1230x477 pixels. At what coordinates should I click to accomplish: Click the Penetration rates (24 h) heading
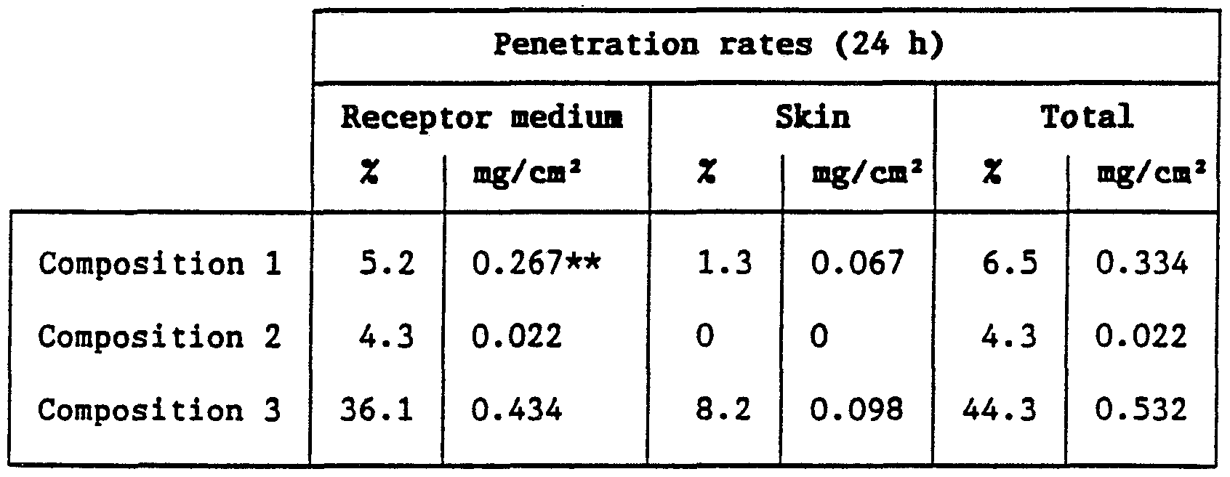click(x=718, y=46)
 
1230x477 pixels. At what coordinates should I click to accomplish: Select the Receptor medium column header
click(x=481, y=117)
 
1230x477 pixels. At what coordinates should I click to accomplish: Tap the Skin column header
click(x=812, y=117)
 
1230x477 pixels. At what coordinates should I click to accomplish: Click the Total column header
click(x=1087, y=117)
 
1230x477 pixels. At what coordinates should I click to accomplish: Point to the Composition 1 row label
click(x=160, y=264)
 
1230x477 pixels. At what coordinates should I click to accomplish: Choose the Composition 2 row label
click(x=160, y=337)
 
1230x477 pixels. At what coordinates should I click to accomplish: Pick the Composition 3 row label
click(x=160, y=411)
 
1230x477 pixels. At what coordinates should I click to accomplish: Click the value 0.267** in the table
click(x=536, y=264)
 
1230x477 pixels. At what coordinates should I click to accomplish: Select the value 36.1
click(x=377, y=411)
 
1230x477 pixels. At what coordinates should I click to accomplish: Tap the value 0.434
click(x=516, y=411)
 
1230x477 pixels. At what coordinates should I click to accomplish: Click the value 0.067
click(x=857, y=264)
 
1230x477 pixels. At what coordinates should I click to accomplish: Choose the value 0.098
click(x=857, y=411)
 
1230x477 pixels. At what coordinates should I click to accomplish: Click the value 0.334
click(x=1141, y=264)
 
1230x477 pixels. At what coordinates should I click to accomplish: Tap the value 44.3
click(x=998, y=411)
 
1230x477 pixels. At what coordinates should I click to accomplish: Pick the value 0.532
click(x=1141, y=411)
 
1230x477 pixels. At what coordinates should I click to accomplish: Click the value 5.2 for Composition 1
click(x=387, y=264)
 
